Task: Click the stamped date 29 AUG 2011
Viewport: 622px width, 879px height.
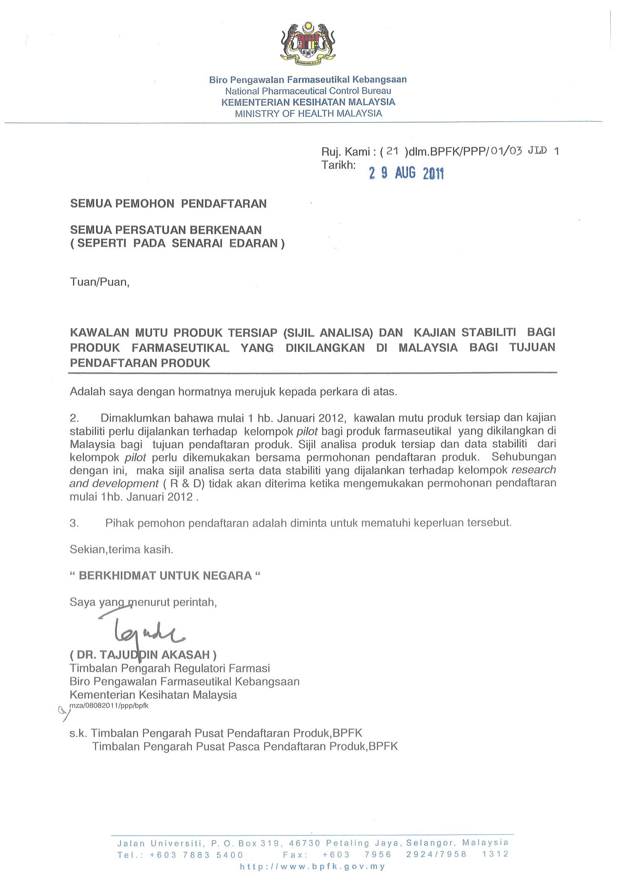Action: coord(406,173)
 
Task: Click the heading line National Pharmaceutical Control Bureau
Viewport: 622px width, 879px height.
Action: coord(308,91)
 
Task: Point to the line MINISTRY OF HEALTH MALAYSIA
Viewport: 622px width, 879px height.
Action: coord(308,113)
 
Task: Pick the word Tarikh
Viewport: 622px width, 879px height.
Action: coord(338,165)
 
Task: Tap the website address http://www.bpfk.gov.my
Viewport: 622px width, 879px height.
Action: coord(312,866)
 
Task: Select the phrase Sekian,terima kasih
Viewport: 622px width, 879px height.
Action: coord(121,550)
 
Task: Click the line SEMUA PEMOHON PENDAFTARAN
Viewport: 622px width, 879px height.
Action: coord(168,203)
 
